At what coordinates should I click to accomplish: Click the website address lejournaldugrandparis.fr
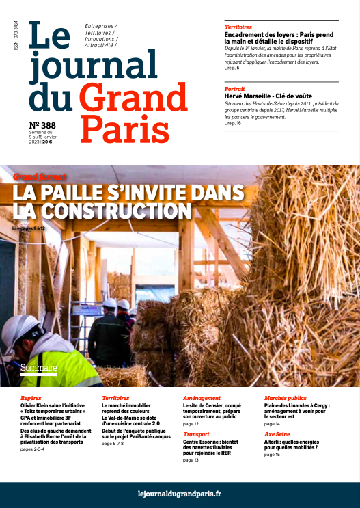pyautogui.click(x=180, y=493)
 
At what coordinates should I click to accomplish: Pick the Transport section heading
pyautogui.click(x=196, y=434)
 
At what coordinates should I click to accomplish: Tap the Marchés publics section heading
pyautogui.click(x=285, y=397)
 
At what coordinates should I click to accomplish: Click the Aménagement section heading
pyautogui.click(x=202, y=397)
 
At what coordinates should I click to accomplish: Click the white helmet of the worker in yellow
pyautogui.click(x=18, y=328)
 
